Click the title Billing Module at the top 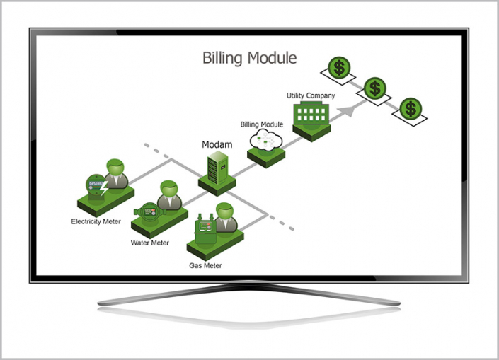(x=249, y=58)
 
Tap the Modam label (x=217, y=144)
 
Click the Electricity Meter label (x=96, y=221)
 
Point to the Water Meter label (x=150, y=243)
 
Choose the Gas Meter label (x=205, y=266)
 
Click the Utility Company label (x=311, y=95)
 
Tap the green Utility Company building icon (x=309, y=115)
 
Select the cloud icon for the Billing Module (x=265, y=143)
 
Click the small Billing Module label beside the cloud (x=262, y=124)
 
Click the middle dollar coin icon (x=374, y=88)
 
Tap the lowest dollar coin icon (x=409, y=109)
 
